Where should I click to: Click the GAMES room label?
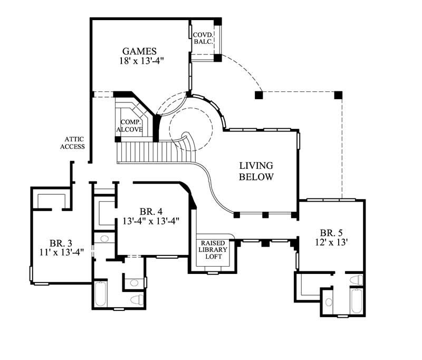(x=139, y=51)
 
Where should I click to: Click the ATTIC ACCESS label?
(x=72, y=143)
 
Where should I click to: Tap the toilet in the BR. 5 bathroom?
(x=357, y=279)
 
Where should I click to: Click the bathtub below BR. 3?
(x=101, y=295)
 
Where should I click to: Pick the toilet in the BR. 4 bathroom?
(x=136, y=299)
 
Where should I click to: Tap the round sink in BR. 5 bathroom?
(x=329, y=302)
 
